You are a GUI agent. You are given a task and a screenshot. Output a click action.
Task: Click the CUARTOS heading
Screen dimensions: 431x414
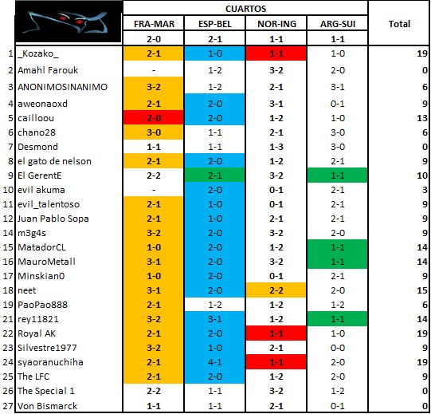tap(245, 9)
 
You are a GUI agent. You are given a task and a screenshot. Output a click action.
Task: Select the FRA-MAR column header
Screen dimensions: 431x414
tap(154, 24)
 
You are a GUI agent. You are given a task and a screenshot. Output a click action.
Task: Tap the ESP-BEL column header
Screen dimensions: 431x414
tap(215, 24)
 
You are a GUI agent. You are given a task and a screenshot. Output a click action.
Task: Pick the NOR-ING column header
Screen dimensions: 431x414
tap(276, 24)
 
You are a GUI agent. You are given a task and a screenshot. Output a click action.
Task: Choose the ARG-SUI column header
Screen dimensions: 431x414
tap(338, 24)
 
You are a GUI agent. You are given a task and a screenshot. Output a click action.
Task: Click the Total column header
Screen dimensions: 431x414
tap(399, 24)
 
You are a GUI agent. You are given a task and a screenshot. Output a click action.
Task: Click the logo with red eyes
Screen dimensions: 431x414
tap(69, 22)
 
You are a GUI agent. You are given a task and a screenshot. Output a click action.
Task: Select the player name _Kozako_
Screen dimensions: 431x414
tap(38, 53)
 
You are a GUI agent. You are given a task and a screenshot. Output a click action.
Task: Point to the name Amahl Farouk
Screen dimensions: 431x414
tap(48, 70)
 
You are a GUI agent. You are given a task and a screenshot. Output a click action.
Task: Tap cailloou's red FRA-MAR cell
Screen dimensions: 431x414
tap(154, 118)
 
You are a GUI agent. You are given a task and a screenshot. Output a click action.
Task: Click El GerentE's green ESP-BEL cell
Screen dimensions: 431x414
tap(214, 175)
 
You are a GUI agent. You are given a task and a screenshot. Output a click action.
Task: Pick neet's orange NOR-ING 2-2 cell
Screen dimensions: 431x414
tap(276, 290)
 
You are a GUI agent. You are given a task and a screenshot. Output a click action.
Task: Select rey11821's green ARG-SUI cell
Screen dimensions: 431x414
tap(337, 319)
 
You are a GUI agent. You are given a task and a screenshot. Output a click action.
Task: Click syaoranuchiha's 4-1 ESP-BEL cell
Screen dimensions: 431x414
tap(214, 361)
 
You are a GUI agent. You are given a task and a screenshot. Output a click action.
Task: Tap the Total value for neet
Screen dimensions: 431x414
tap(422, 290)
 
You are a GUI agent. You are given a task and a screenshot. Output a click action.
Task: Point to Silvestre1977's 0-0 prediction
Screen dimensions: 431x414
tap(338, 348)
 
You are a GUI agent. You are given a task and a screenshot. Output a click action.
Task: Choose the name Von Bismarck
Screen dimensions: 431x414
tap(47, 405)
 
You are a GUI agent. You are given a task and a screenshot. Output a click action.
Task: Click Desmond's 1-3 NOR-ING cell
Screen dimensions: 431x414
tap(276, 147)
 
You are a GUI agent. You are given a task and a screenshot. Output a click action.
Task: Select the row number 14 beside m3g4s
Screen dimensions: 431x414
tap(8, 233)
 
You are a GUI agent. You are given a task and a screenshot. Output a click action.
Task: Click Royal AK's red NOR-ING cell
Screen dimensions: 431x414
tap(276, 333)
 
